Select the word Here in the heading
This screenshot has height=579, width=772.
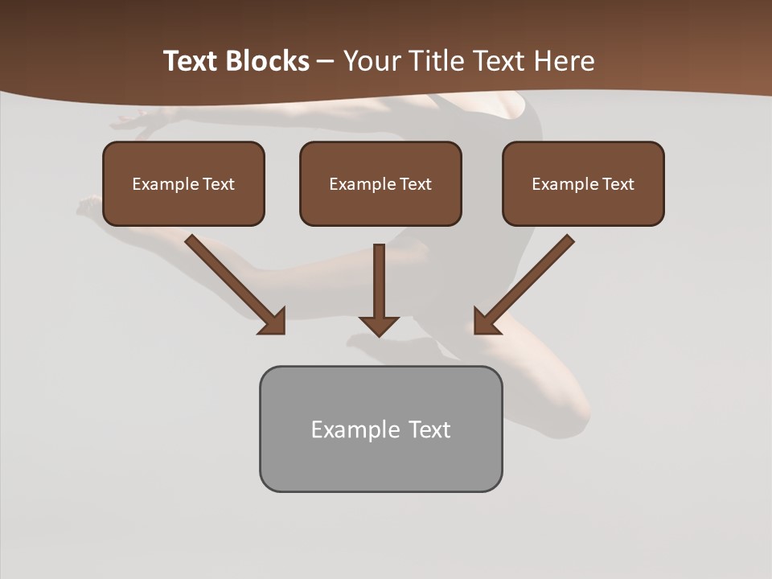click(566, 61)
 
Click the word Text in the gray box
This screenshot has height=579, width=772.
click(429, 430)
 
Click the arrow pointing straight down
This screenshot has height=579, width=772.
click(380, 285)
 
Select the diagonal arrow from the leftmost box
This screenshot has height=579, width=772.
click(233, 283)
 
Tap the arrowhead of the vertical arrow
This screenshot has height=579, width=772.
click(380, 326)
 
